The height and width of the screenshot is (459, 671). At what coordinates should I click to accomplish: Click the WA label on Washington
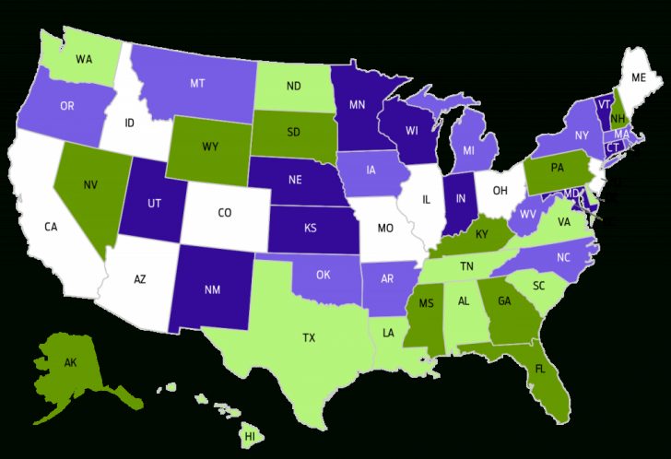[x=84, y=59]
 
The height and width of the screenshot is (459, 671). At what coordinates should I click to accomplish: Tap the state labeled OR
[x=67, y=106]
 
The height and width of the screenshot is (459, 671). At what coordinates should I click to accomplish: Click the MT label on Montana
[x=197, y=83]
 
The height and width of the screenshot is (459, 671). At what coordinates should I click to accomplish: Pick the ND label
[x=294, y=87]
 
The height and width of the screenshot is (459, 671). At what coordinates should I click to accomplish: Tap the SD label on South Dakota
[x=295, y=132]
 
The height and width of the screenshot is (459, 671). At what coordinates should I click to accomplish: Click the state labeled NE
[x=297, y=181]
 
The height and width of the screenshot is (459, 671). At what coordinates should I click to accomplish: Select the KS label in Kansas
[x=313, y=227]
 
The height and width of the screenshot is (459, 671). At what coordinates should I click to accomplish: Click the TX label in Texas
[x=309, y=338]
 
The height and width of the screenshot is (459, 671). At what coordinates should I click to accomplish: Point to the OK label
[x=324, y=274]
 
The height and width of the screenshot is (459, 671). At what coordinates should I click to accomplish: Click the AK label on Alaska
[x=70, y=362]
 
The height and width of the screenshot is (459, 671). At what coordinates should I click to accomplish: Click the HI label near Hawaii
[x=250, y=434]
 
